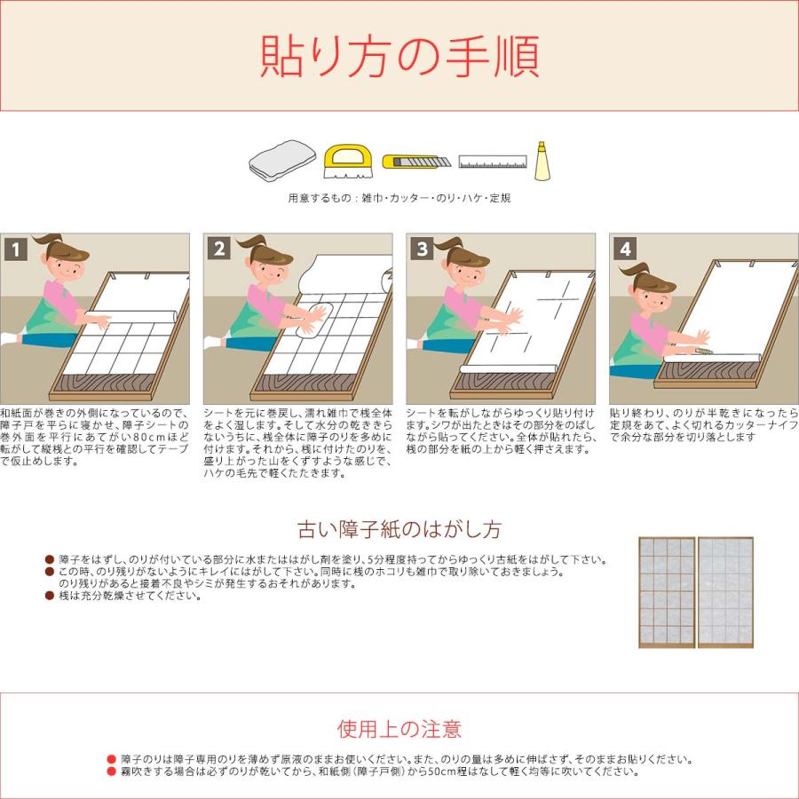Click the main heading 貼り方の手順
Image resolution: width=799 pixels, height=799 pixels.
click(x=399, y=56)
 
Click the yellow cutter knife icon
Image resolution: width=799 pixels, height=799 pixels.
click(x=416, y=162)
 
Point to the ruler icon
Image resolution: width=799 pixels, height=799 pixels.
click(x=493, y=162)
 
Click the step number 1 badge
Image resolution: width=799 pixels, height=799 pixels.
click(x=16, y=249)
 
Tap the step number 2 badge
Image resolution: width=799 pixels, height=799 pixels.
click(x=219, y=249)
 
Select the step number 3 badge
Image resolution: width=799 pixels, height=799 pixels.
click(x=423, y=249)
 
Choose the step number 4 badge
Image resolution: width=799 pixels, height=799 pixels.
click(x=626, y=249)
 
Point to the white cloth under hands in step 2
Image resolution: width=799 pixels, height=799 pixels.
click(x=311, y=317)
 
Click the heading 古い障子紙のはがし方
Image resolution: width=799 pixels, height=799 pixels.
click(x=399, y=530)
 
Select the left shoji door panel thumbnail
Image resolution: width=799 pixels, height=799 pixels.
click(x=667, y=592)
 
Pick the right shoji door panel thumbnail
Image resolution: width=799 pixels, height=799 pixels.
click(x=725, y=592)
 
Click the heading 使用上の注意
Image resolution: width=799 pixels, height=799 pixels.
click(x=399, y=730)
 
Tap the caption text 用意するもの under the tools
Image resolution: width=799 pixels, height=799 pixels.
click(x=323, y=198)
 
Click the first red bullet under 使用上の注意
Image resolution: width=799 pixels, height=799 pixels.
click(x=111, y=760)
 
